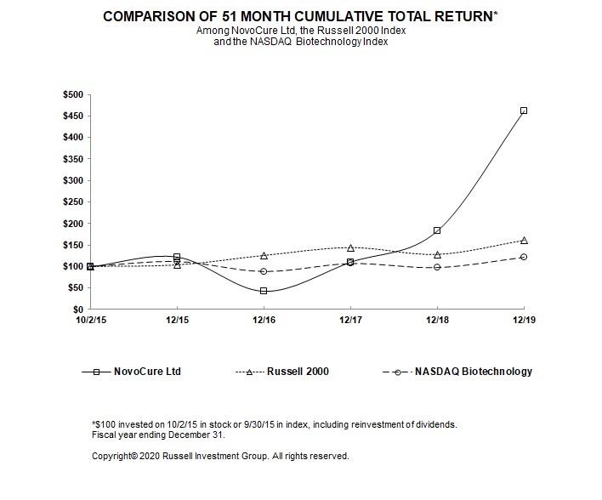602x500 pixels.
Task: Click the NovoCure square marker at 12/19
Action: point(524,111)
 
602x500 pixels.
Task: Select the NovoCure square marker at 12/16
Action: point(264,291)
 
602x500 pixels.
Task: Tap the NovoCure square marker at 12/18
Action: point(437,230)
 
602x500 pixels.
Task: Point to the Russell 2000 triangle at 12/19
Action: point(524,240)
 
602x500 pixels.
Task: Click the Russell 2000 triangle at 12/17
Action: point(350,247)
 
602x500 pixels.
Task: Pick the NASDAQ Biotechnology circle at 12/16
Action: point(264,271)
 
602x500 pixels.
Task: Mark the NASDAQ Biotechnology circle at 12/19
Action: point(524,257)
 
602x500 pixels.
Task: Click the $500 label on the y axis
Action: point(73,94)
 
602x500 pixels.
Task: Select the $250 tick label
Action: point(73,202)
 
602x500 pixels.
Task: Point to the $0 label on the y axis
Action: point(77,310)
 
